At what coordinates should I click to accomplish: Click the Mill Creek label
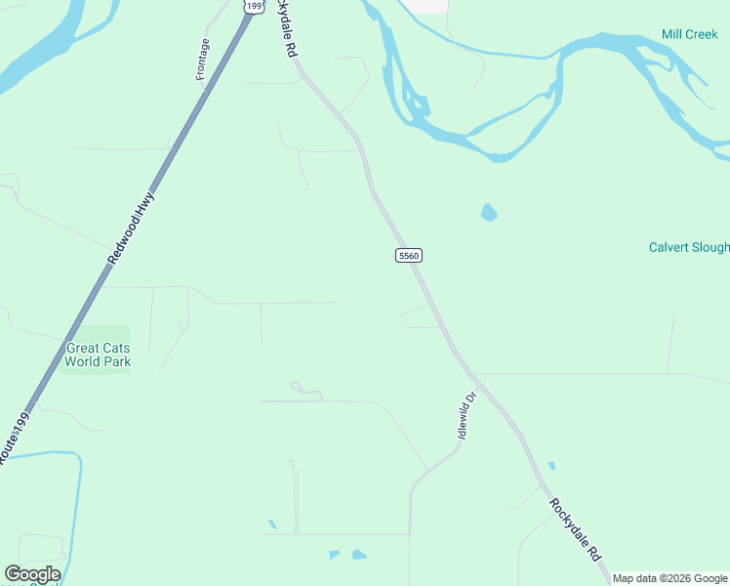(689, 34)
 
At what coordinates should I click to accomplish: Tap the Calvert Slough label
(689, 247)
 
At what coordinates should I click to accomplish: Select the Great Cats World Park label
(98, 355)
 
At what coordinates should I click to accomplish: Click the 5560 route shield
(409, 255)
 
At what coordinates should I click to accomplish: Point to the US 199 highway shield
(254, 7)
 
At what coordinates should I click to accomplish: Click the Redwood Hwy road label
(131, 230)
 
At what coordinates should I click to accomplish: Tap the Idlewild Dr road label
(466, 414)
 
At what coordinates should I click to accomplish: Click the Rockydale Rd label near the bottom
(575, 528)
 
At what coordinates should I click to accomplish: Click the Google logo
(32, 574)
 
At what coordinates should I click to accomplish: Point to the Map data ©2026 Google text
(670, 578)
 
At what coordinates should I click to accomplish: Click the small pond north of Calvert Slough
(489, 212)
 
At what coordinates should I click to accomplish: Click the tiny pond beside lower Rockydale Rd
(551, 466)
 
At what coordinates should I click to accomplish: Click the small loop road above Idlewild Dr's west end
(305, 390)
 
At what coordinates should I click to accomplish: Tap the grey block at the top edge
(426, 6)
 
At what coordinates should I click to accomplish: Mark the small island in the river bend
(419, 105)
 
